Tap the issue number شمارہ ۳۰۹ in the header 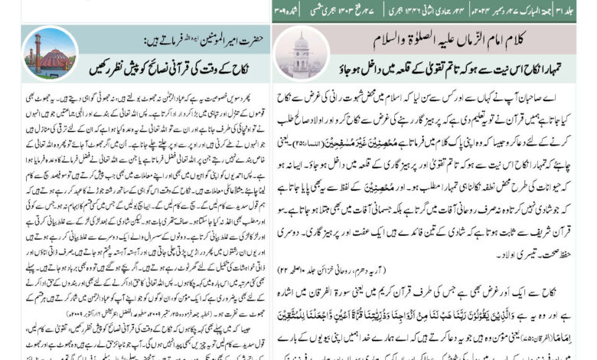pyautogui.click(x=285, y=11)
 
